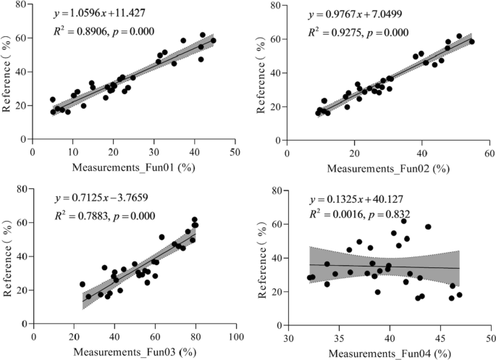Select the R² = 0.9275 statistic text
[339, 32]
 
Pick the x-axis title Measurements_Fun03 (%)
[133, 352]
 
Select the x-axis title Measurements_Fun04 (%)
[389, 352]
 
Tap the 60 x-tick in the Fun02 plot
[489, 151]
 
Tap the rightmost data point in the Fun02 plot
[471, 41]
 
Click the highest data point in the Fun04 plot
[404, 221]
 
